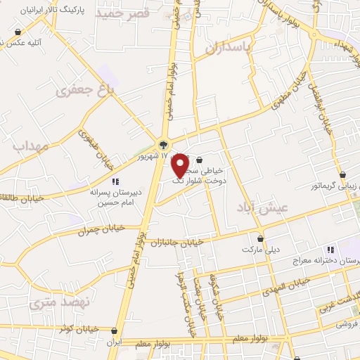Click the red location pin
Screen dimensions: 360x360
click(x=181, y=165)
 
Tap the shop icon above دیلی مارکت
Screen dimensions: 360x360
click(x=261, y=238)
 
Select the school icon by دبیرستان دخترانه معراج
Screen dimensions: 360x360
click(x=330, y=250)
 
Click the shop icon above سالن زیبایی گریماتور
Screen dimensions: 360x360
click(x=342, y=175)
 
